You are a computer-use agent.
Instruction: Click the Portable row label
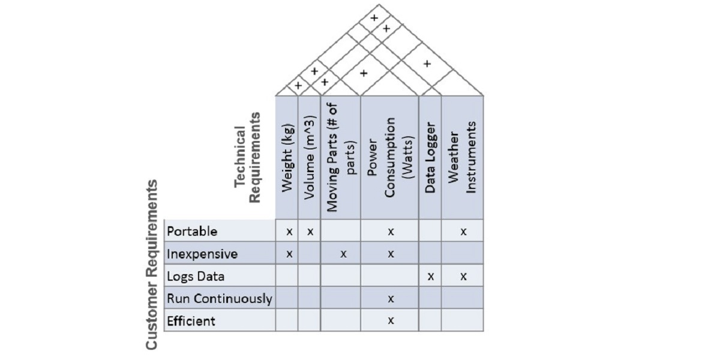pyautogui.click(x=192, y=232)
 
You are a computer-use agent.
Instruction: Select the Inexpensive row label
pyautogui.click(x=202, y=254)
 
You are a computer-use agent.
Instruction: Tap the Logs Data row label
pyautogui.click(x=196, y=277)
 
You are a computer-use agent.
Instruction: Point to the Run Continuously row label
pyautogui.click(x=220, y=299)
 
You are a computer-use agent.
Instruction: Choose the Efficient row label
pyautogui.click(x=191, y=321)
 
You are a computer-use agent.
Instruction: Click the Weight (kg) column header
pyautogui.click(x=287, y=158)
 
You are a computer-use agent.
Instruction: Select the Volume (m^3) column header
pyautogui.click(x=310, y=157)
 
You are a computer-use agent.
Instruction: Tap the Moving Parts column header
pyautogui.click(x=341, y=157)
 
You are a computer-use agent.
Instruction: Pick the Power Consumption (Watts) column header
pyautogui.click(x=389, y=157)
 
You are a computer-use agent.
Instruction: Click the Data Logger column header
pyautogui.click(x=430, y=157)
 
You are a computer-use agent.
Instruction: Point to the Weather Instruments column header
pyautogui.click(x=461, y=157)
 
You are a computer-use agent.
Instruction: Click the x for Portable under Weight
pyautogui.click(x=289, y=232)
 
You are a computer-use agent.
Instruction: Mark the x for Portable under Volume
pyautogui.click(x=310, y=232)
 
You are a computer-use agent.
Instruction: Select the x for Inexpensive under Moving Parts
pyautogui.click(x=344, y=254)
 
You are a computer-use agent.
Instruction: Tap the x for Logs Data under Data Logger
pyautogui.click(x=431, y=277)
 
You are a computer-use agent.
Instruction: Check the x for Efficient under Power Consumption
pyautogui.click(x=391, y=320)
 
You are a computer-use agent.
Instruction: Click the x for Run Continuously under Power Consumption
pyautogui.click(x=391, y=299)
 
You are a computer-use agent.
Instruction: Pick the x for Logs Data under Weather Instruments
pyautogui.click(x=463, y=277)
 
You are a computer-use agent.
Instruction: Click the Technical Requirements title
pyautogui.click(x=247, y=157)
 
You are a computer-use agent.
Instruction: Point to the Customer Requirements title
pyautogui.click(x=151, y=265)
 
